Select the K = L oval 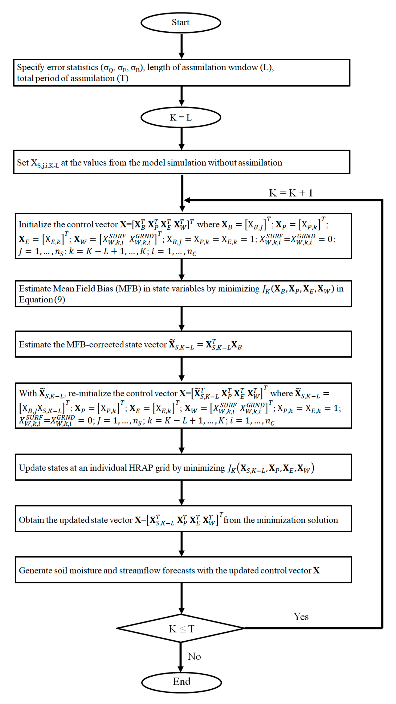(x=181, y=117)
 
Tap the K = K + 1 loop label (x=291, y=193)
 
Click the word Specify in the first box (x=30, y=67)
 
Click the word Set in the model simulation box (x=22, y=163)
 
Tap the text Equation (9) (x=42, y=300)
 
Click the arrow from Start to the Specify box (x=181, y=46)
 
